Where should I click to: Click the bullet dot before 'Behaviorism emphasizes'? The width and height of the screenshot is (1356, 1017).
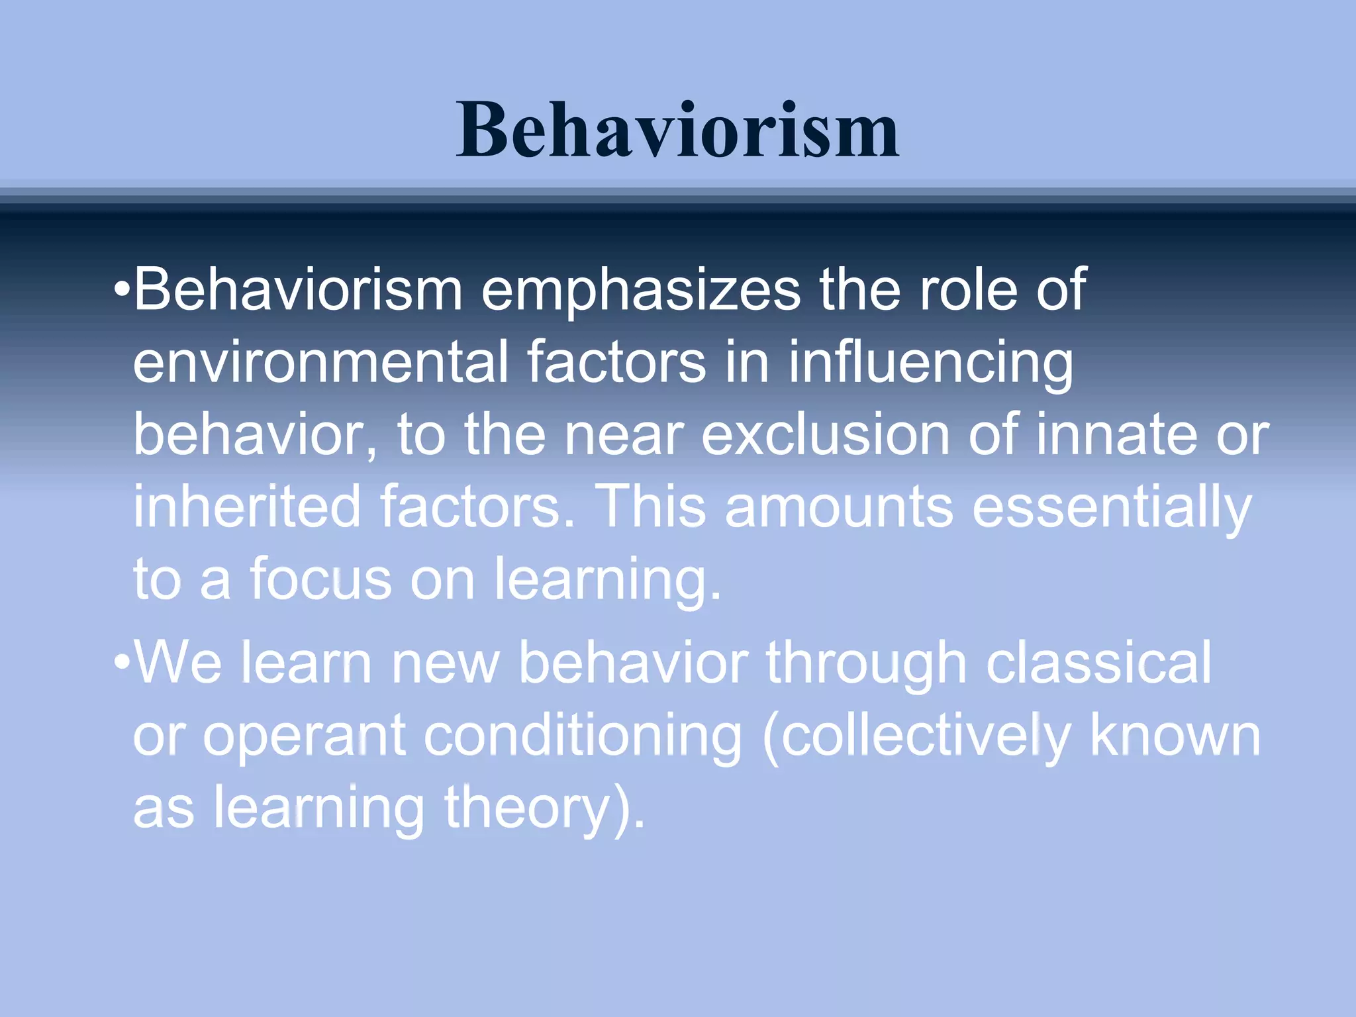pos(122,291)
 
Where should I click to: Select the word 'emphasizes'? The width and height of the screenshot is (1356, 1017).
pos(641,291)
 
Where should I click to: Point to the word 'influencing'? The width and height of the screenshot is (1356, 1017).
pos(930,364)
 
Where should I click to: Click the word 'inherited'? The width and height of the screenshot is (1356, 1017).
pos(246,507)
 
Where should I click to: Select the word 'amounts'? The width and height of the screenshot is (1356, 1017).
pos(839,508)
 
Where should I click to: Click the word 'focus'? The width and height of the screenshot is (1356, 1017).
pos(320,579)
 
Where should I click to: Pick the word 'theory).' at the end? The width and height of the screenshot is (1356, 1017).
pos(544,809)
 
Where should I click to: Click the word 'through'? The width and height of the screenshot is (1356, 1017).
pos(866,665)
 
